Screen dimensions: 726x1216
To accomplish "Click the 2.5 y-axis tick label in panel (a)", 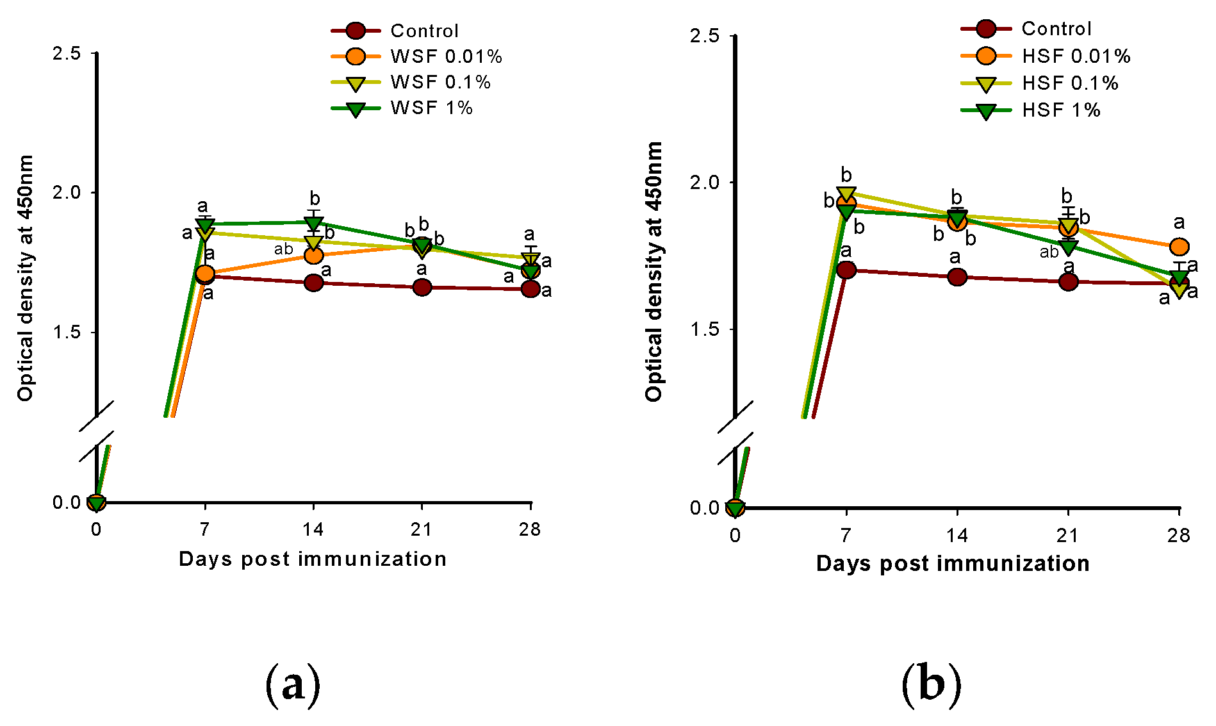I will (67, 53).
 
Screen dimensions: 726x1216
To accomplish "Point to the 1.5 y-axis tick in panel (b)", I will (705, 329).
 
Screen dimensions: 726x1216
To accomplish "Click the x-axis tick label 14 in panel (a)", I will (313, 530).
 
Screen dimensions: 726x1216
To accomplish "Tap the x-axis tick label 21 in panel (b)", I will (1067, 536).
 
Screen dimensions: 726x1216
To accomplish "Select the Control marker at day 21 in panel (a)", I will (422, 287).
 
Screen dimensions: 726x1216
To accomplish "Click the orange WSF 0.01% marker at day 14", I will (313, 255).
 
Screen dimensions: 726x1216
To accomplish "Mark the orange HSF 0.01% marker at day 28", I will (1179, 247).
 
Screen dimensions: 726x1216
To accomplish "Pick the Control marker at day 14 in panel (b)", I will (957, 277).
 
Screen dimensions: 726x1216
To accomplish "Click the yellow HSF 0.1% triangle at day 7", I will (846, 194).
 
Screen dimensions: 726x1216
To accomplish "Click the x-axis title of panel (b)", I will (953, 564).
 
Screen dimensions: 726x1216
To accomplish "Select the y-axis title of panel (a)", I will (25, 278).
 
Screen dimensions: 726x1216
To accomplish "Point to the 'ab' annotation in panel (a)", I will (283, 249).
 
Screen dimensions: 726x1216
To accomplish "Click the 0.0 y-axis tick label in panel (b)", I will (705, 508).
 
